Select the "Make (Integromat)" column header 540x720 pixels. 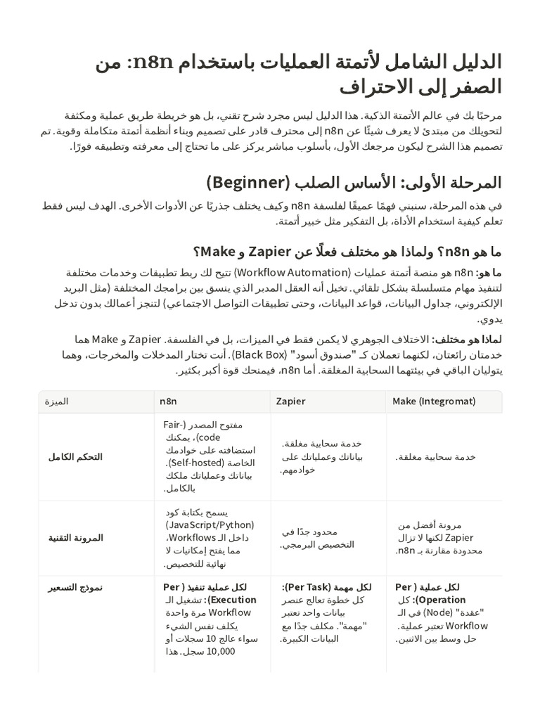pyautogui.click(x=434, y=401)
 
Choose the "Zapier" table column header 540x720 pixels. pyautogui.click(x=290, y=401)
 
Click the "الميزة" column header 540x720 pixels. pyautogui.click(x=56, y=401)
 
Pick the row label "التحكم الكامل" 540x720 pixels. pyautogui.click(x=75, y=456)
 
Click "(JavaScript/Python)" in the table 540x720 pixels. pyautogui.click(x=210, y=525)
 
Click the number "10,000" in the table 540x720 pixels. pyautogui.click(x=222, y=652)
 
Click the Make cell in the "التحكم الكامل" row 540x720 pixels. pyautogui.click(x=435, y=456)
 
